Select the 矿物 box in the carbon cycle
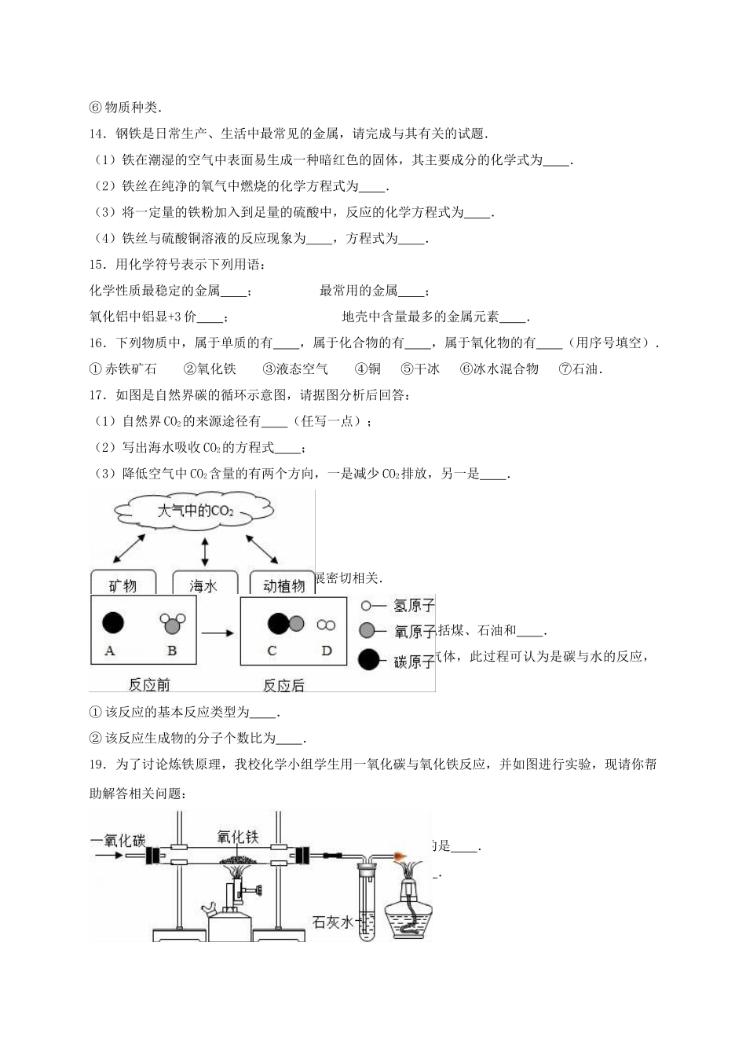(123, 585)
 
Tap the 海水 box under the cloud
(203, 585)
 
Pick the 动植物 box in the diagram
(283, 585)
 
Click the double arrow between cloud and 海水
(205, 552)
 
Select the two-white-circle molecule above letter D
(326, 625)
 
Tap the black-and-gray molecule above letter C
(284, 624)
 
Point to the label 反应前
(149, 684)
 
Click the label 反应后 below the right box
(283, 685)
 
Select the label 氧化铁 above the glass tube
(237, 838)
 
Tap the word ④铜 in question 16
(368, 368)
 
